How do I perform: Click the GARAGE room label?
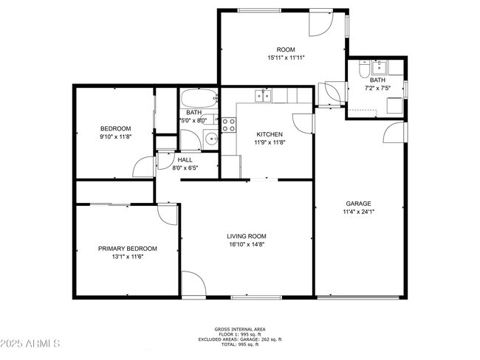click(358, 204)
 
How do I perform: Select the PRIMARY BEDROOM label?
click(128, 249)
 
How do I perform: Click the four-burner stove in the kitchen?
click(228, 125)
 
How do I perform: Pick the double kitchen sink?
click(263, 95)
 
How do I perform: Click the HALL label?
click(185, 159)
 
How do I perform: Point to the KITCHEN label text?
click(266, 134)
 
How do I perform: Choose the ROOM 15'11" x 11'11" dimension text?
click(285, 58)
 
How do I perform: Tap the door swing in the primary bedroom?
click(168, 213)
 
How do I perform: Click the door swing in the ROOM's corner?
click(320, 24)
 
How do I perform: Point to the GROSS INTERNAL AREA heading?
click(240, 329)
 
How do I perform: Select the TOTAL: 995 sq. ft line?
click(240, 345)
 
